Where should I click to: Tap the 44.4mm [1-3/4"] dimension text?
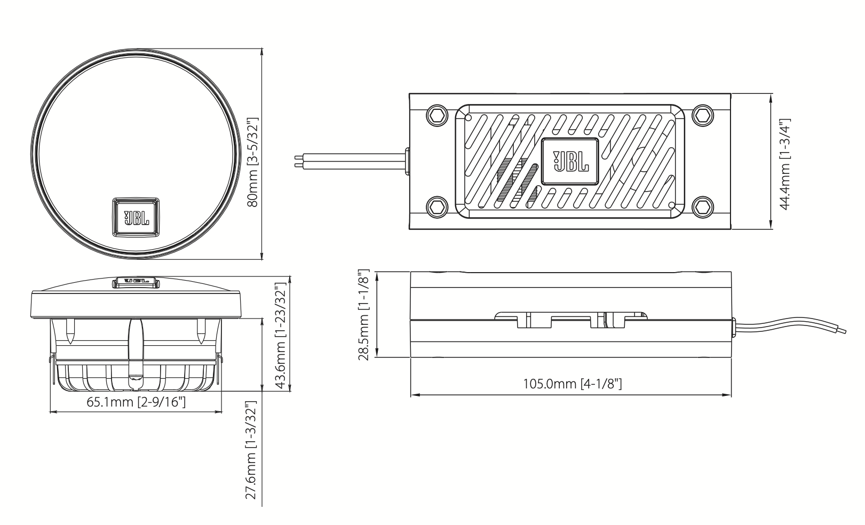[x=784, y=164]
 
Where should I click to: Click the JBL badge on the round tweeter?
[x=136, y=216]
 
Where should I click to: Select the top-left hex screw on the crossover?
[x=437, y=115]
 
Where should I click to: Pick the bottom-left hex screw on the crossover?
[x=437, y=205]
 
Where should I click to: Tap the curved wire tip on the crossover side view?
[x=843, y=331]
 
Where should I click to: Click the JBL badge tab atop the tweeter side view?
[x=136, y=282]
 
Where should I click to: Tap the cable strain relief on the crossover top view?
[x=407, y=161]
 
